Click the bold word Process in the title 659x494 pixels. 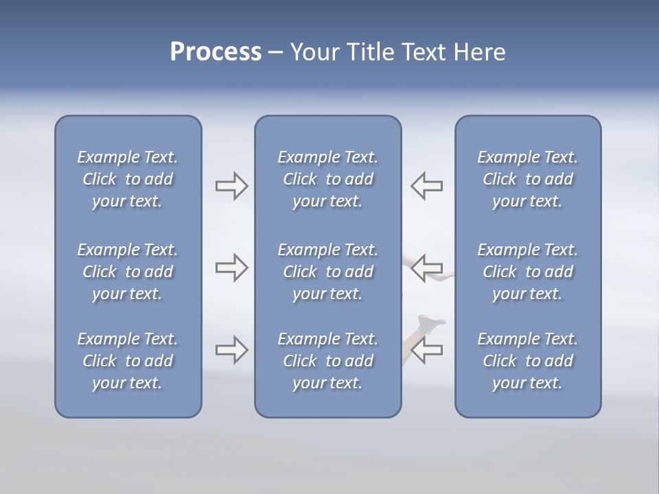pos(216,52)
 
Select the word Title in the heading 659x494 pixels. pos(371,52)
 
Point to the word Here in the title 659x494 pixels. pos(480,52)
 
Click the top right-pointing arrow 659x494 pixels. pos(231,186)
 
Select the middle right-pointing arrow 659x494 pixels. pos(231,268)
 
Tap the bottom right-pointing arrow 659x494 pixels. pos(231,350)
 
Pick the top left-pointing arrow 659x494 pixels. pos(427,186)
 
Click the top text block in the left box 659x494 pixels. pos(128,179)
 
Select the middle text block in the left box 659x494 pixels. pos(128,272)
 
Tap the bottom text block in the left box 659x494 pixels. pos(128,361)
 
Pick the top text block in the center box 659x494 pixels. pos(328,179)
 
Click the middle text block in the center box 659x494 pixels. pos(328,272)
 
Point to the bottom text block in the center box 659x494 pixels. pos(328,361)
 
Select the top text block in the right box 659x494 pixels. pos(528,179)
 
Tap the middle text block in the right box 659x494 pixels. pos(528,272)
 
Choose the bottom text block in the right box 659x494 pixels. pos(528,361)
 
